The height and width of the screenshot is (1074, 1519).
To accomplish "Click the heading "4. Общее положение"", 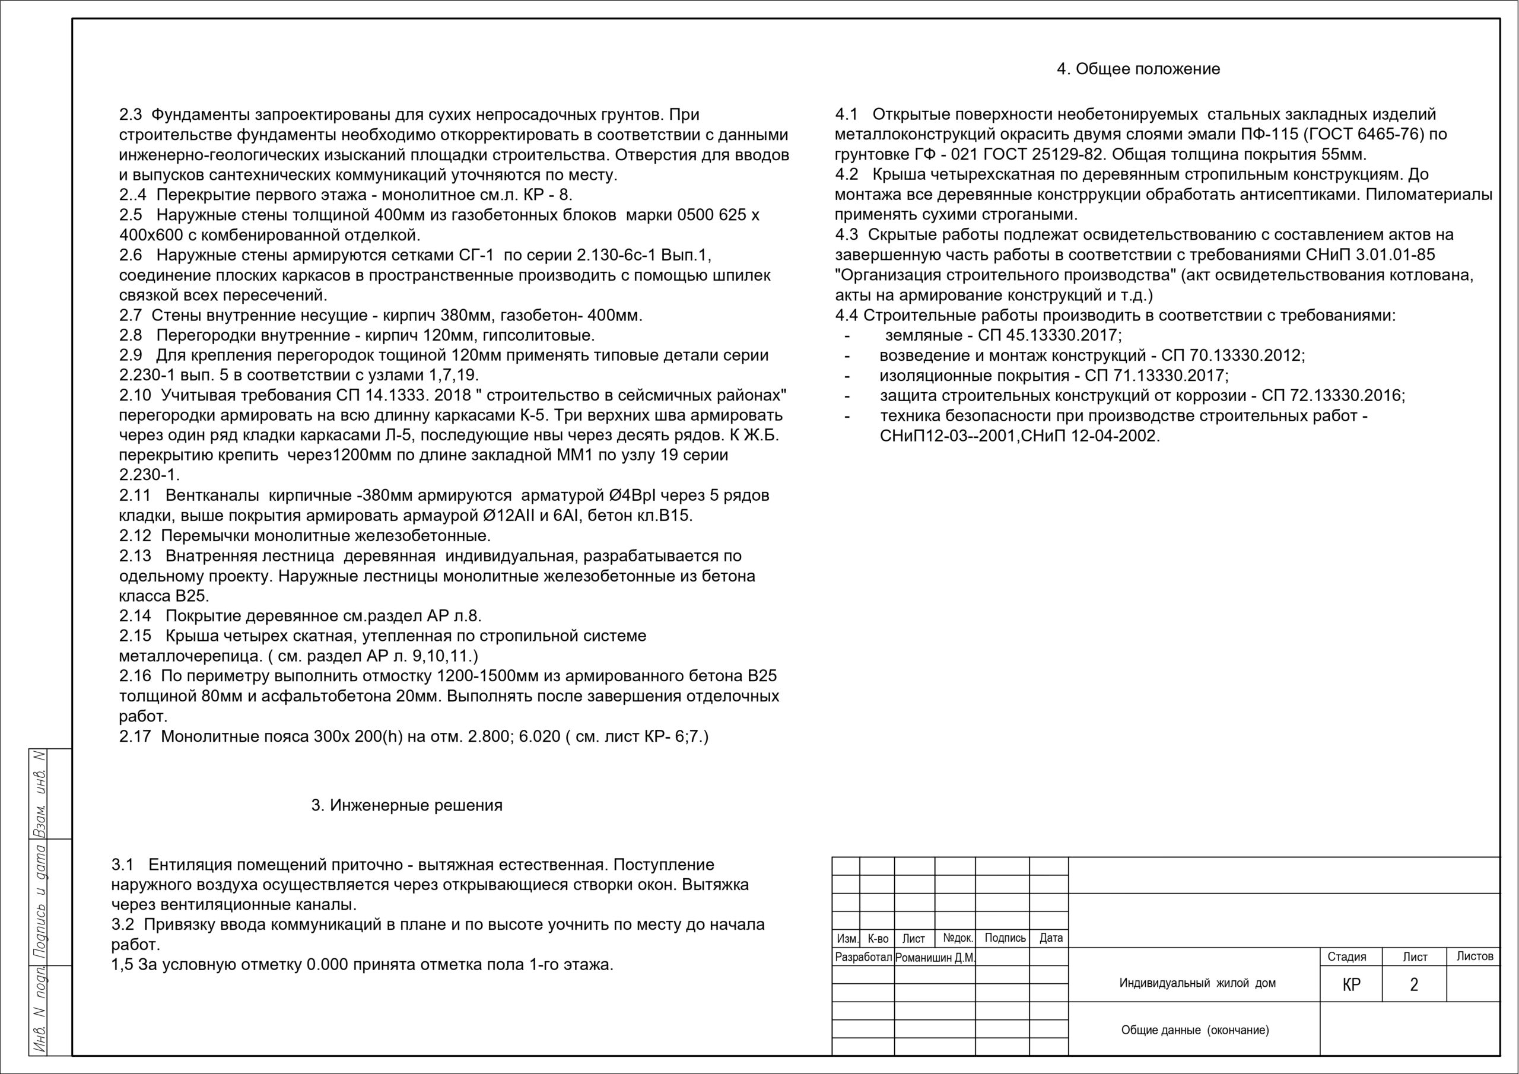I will (x=1138, y=69).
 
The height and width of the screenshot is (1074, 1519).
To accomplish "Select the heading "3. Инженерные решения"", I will (x=407, y=805).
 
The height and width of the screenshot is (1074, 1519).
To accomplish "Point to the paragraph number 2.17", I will (x=135, y=736).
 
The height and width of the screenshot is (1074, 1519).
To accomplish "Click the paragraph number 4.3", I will (x=846, y=235).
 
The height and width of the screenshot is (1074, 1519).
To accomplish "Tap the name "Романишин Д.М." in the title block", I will (x=935, y=958).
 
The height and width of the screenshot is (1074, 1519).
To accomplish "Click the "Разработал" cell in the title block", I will (x=863, y=958).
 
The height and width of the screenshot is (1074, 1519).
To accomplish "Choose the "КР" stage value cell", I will (x=1352, y=984).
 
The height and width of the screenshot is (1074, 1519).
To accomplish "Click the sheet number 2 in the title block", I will (x=1414, y=984).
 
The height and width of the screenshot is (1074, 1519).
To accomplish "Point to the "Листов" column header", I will (x=1474, y=956).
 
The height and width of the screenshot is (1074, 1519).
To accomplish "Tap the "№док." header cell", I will (x=957, y=938).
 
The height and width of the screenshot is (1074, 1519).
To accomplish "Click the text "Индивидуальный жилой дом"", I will (x=1197, y=983).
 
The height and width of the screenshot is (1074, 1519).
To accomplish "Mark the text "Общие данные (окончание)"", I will (x=1195, y=1030).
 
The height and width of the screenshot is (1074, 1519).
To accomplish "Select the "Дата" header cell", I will (x=1051, y=938).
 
